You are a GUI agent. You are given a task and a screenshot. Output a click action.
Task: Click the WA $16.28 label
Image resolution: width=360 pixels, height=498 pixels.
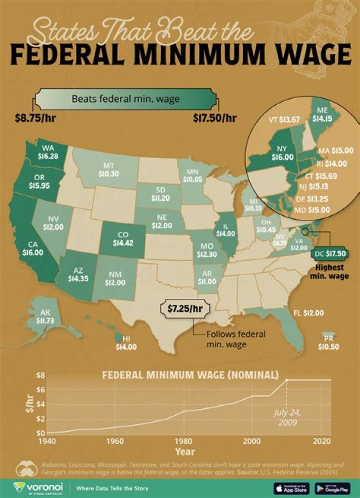click(48, 152)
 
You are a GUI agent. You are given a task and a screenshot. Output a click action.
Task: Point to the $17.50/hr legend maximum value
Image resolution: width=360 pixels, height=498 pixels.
click(214, 119)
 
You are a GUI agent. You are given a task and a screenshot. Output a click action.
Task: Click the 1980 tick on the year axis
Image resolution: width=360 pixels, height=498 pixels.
click(184, 441)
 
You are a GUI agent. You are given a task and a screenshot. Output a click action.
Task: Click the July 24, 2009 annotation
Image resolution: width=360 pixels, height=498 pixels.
click(287, 417)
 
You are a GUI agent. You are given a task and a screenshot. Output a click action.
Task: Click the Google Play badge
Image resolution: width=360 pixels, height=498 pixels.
click(332, 487)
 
